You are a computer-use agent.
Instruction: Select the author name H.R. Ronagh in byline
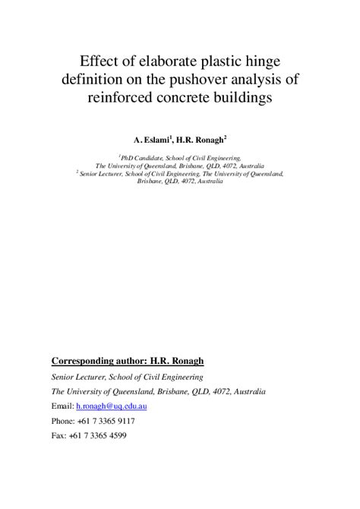[x=201, y=140]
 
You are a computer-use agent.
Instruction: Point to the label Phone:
[x=62, y=421]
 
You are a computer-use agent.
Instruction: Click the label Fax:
[x=58, y=435]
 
